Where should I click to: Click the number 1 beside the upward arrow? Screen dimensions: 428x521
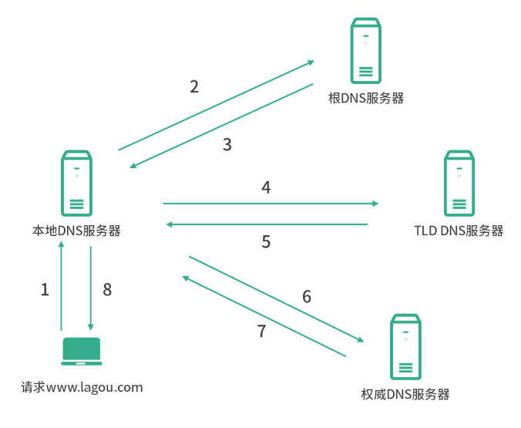click(45, 290)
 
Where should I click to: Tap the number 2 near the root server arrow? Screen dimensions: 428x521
click(194, 86)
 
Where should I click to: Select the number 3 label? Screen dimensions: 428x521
click(227, 144)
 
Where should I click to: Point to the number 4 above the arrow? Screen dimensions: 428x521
click(266, 187)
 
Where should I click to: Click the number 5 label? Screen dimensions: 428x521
click(266, 242)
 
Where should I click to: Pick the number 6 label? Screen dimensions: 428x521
click(307, 296)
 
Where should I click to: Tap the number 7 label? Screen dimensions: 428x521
click(261, 332)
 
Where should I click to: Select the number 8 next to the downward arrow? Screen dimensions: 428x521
click(107, 290)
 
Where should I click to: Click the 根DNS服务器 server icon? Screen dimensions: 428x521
click(366, 52)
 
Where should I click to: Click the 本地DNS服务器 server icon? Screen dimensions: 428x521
click(76, 183)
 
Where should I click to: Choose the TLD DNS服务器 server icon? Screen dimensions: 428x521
click(459, 184)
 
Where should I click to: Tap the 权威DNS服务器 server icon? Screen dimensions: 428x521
click(405, 346)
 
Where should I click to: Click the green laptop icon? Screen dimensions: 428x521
click(81, 351)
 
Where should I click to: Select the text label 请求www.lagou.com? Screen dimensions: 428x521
click(82, 387)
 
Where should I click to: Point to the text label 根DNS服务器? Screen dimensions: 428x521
click(366, 99)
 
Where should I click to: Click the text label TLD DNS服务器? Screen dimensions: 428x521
click(459, 231)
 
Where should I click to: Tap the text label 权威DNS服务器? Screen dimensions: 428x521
click(405, 394)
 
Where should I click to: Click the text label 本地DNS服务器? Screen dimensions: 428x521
click(76, 231)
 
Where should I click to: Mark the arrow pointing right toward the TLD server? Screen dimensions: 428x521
click(270, 204)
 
